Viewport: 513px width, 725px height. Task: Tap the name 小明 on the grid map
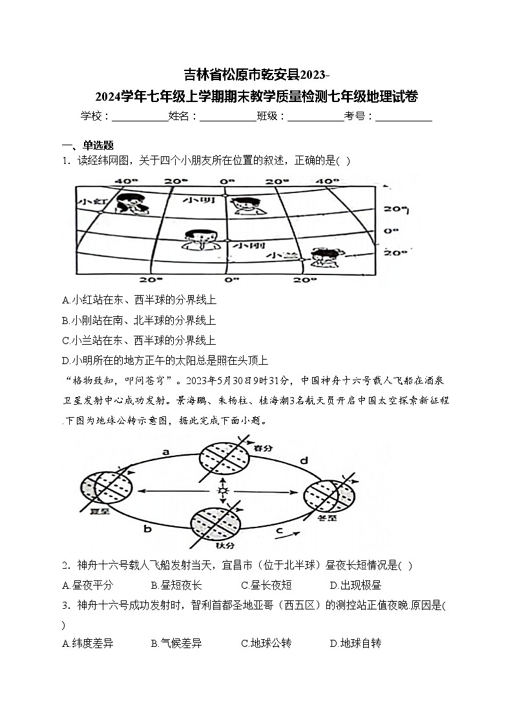click(x=198, y=200)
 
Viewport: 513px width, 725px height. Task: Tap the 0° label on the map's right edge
click(x=388, y=230)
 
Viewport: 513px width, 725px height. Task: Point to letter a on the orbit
click(x=165, y=453)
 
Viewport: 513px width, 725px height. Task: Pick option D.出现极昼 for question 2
click(x=355, y=586)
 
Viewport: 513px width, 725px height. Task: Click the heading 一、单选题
click(x=87, y=145)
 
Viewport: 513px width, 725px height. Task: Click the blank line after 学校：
click(x=140, y=116)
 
